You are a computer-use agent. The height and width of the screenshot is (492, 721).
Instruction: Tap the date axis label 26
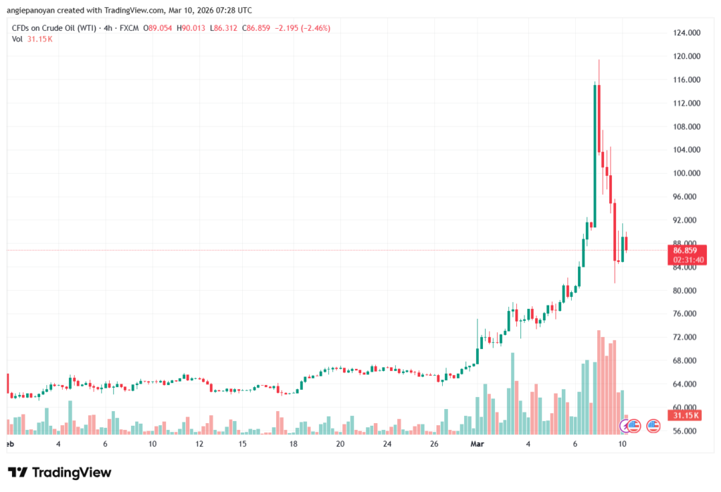click(434, 445)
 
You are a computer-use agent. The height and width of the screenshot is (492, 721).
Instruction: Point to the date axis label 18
click(293, 445)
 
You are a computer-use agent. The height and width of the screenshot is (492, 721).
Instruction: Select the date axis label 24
click(387, 445)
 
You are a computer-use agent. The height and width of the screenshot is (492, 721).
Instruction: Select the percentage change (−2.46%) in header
click(313, 28)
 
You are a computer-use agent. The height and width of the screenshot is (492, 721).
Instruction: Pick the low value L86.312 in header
click(225, 28)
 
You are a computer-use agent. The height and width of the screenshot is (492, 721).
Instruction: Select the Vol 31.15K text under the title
click(32, 39)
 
